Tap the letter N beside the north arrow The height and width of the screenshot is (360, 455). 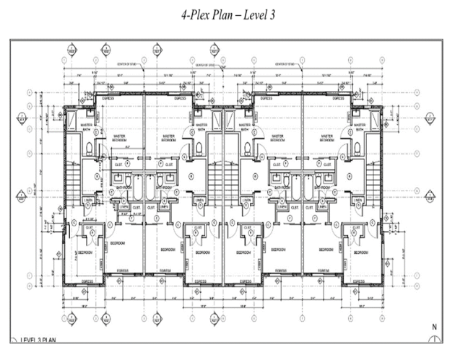(434, 326)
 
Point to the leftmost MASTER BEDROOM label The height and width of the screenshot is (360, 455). (119, 137)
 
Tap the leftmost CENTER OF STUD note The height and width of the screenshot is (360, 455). (126, 63)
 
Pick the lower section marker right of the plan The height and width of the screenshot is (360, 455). (431, 196)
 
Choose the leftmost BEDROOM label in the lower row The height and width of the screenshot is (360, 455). (84, 253)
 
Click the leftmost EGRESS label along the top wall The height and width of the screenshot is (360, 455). (108, 97)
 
